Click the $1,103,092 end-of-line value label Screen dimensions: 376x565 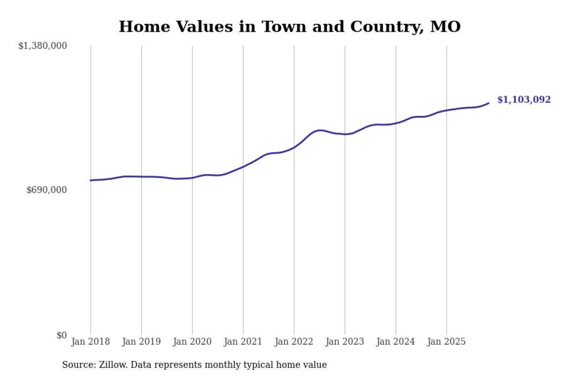tap(524, 100)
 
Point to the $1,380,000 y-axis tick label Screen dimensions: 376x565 tap(42, 46)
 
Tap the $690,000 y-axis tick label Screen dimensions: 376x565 tap(46, 190)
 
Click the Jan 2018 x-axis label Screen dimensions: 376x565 tap(90, 342)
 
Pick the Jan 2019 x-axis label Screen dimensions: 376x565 tap(141, 342)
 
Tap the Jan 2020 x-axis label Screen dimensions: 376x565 tap(192, 342)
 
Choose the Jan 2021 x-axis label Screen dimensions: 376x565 tap(243, 342)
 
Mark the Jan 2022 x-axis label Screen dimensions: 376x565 tap(294, 342)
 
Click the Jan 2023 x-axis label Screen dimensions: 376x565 tap(345, 342)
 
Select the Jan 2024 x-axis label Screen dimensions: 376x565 tap(395, 342)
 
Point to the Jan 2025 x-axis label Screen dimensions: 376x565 tap(446, 342)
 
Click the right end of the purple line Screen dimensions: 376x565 tap(489, 103)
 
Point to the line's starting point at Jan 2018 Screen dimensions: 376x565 tap(90, 180)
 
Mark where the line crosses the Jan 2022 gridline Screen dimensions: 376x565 tap(294, 147)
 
